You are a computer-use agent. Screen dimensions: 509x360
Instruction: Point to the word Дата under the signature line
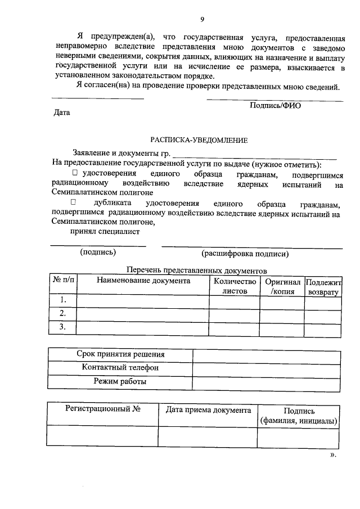[x=61, y=112]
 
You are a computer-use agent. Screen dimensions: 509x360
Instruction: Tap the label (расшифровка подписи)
[x=245, y=254]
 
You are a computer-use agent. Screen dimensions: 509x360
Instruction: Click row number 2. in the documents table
[x=63, y=313]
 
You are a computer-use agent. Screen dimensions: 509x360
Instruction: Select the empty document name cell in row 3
[x=143, y=327]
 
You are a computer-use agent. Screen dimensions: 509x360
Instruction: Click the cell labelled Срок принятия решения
[x=120, y=354]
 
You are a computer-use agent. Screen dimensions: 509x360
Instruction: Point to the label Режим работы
[x=120, y=381]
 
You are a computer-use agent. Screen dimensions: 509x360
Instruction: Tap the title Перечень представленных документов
[x=196, y=271]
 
